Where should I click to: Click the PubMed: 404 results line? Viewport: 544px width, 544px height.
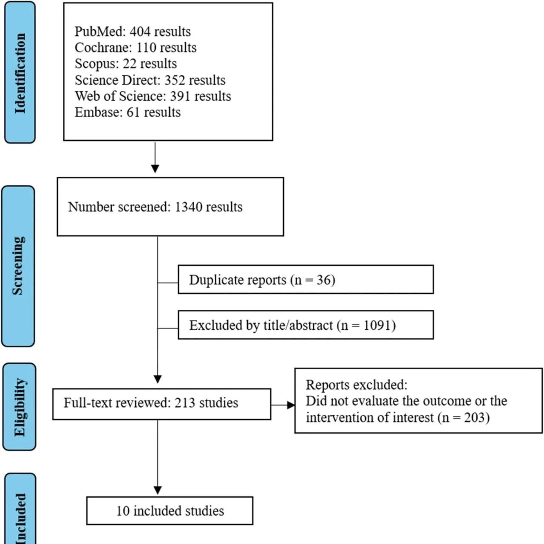(133, 31)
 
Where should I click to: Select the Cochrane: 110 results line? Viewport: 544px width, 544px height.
(136, 48)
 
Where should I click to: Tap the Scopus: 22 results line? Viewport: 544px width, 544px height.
(126, 63)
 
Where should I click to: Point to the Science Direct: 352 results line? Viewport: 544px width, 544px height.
(150, 80)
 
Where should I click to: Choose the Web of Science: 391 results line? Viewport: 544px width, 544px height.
(153, 96)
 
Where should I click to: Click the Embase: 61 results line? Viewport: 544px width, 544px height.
(127, 112)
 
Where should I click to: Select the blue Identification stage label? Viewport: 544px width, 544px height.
(20, 72)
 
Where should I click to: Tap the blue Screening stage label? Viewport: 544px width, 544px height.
(18, 266)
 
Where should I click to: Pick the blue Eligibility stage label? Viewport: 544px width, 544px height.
(20, 407)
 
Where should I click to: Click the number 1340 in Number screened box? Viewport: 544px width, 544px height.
(188, 207)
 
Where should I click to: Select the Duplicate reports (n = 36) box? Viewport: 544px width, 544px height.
(306, 280)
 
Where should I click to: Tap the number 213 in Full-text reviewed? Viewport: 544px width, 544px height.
(184, 403)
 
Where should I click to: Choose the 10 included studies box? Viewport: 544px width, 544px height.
(170, 511)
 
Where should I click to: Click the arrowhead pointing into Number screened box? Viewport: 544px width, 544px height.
(155, 169)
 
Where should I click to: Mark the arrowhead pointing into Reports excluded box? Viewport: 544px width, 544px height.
(291, 405)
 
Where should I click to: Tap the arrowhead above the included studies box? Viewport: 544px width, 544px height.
(158, 490)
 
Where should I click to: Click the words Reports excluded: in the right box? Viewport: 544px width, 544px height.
(357, 385)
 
